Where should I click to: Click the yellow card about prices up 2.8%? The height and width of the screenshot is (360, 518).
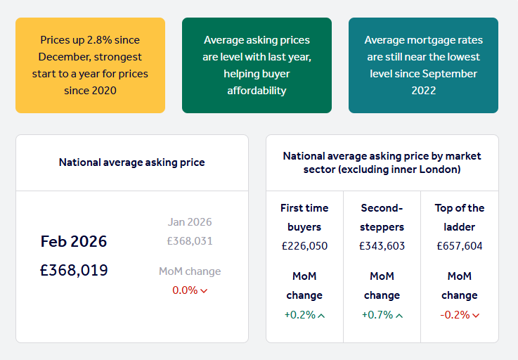pyautogui.click(x=90, y=65)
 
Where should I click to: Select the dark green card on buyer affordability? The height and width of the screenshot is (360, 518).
pyautogui.click(x=257, y=65)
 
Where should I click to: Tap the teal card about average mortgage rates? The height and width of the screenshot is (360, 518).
pyautogui.click(x=423, y=65)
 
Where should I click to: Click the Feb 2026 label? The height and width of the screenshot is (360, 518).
pyautogui.click(x=74, y=242)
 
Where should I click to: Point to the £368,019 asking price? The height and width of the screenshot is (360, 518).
pyautogui.click(x=74, y=270)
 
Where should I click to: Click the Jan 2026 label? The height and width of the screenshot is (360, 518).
pyautogui.click(x=190, y=222)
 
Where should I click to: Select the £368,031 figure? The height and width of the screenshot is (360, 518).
pyautogui.click(x=190, y=241)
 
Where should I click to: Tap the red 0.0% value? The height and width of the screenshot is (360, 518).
pyautogui.click(x=185, y=290)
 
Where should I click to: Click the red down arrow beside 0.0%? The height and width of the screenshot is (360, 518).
pyautogui.click(x=204, y=291)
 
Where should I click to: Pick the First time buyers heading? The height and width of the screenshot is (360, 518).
pyautogui.click(x=304, y=217)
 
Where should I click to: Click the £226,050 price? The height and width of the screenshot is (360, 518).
pyautogui.click(x=304, y=246)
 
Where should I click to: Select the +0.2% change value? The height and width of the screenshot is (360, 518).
pyautogui.click(x=299, y=315)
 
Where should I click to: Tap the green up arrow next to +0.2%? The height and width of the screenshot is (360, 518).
pyautogui.click(x=321, y=316)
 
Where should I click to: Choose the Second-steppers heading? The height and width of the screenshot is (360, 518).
pyautogui.click(x=382, y=217)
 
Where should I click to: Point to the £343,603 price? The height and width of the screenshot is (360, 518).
pyautogui.click(x=382, y=246)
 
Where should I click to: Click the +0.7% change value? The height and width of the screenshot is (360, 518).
pyautogui.click(x=377, y=315)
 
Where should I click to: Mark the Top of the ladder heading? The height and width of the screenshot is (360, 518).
pyautogui.click(x=460, y=217)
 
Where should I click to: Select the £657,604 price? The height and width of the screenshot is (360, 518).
pyautogui.click(x=460, y=246)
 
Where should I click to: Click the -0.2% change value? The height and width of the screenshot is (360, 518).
pyautogui.click(x=455, y=315)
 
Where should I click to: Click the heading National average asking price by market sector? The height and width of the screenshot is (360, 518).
pyautogui.click(x=382, y=162)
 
